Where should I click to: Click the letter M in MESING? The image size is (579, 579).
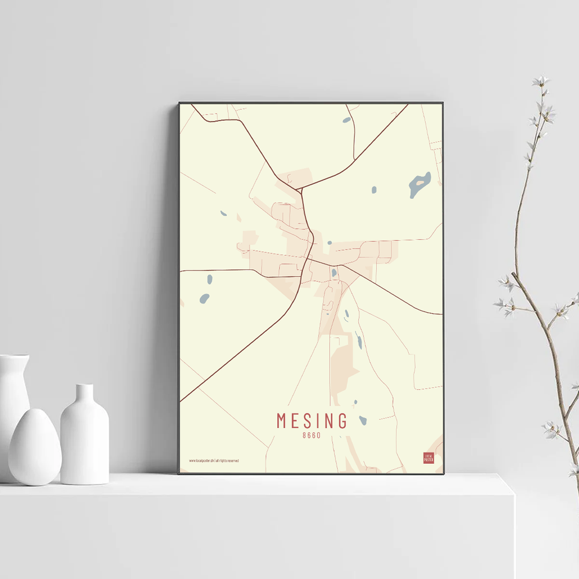(282, 420)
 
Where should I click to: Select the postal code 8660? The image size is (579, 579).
(312, 435)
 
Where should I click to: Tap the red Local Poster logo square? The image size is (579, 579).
(428, 458)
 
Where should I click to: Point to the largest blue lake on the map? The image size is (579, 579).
(420, 184)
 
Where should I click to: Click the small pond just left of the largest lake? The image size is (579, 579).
(374, 189)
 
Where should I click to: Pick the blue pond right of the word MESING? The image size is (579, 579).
(362, 420)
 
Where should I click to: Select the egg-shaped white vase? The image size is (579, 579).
(34, 447)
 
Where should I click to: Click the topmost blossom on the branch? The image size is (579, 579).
(541, 81)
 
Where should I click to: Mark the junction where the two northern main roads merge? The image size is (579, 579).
(299, 189)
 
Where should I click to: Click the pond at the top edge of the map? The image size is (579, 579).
(346, 120)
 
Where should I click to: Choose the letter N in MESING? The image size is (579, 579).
(328, 420)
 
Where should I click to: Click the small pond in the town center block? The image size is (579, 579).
(334, 272)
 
